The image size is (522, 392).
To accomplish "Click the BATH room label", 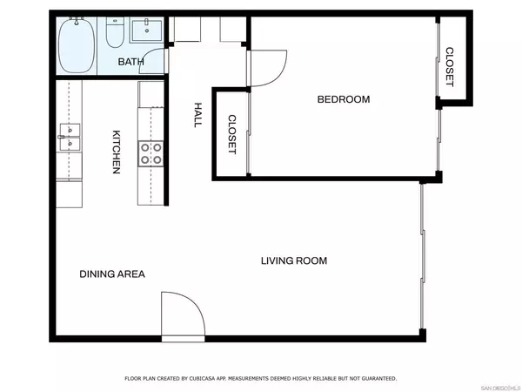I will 131,62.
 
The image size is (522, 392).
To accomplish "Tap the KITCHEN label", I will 115,152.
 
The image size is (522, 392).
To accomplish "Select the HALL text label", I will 197,113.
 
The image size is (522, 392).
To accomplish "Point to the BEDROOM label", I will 343,99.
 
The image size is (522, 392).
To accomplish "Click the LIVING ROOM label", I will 294,260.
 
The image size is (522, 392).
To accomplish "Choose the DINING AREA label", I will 112,274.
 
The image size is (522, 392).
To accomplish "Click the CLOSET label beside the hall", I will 232,135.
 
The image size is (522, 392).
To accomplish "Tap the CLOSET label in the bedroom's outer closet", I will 449,67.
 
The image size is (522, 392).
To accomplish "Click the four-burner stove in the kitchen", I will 151,154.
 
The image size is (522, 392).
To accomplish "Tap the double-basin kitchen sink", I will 70,132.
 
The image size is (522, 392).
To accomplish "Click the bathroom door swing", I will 155,63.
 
